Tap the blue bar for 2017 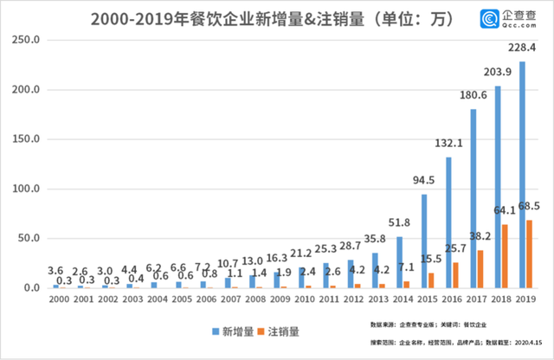(x=473, y=199)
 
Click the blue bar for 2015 (x=424, y=241)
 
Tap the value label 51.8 (x=400, y=224)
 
